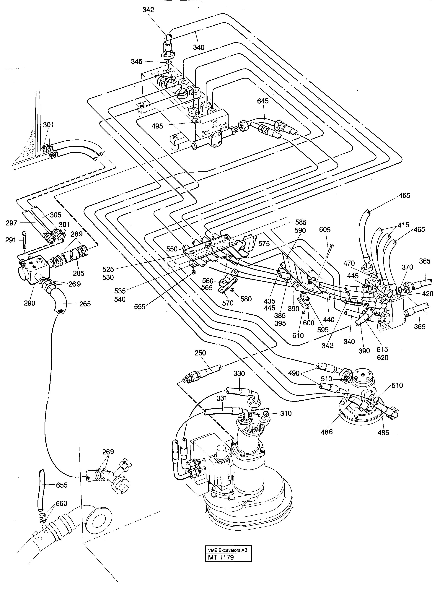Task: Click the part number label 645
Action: coord(263,101)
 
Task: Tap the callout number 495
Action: coord(157,126)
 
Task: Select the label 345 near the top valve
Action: coord(137,61)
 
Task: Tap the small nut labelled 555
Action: coord(193,273)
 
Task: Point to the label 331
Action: coord(222,398)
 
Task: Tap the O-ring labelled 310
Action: coord(266,414)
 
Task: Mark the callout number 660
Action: coord(61,504)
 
